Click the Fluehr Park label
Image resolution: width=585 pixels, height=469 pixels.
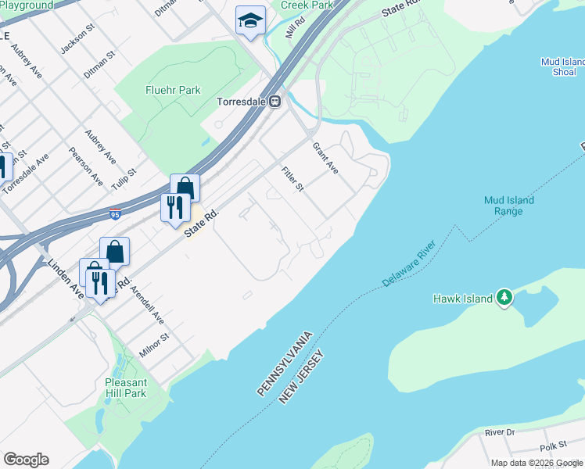[173, 90]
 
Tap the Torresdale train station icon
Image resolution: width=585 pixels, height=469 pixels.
[275, 102]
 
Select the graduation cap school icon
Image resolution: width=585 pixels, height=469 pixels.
[249, 20]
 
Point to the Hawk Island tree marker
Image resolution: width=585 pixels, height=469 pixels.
[505, 297]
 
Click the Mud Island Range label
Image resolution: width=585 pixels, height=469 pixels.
[508, 206]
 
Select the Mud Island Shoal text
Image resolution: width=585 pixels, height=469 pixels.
[562, 67]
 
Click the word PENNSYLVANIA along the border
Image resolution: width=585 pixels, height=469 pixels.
[286, 363]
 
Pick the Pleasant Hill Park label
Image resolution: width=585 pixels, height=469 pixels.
[126, 388]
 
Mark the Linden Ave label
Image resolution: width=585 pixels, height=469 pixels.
[66, 278]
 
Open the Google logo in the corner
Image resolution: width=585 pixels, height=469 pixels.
[26, 460]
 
